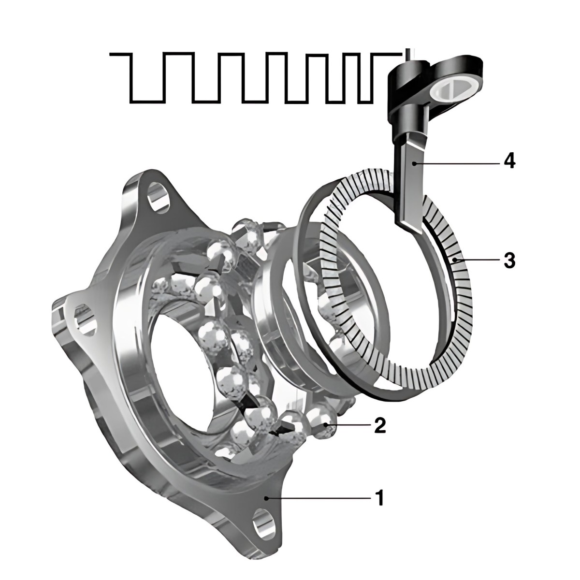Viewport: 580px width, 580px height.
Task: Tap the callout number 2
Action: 380,425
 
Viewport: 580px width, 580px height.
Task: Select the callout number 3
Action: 509,260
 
